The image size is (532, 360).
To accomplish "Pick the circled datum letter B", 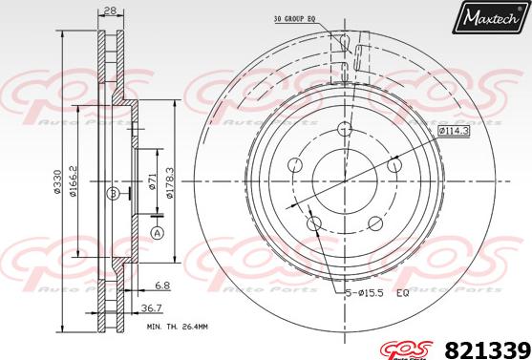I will (113, 194).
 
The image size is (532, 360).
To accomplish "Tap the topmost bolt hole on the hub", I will (345, 133).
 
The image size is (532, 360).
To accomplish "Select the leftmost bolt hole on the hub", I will (296, 168).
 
